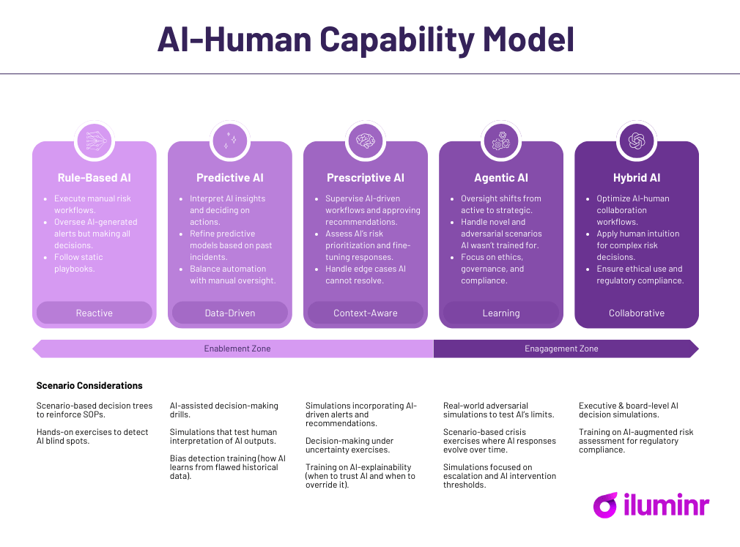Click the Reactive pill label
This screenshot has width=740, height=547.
95,313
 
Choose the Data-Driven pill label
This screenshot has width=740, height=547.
230,313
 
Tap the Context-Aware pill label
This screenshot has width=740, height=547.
366,313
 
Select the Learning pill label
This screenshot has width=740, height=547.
501,313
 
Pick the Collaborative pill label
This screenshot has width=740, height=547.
637,313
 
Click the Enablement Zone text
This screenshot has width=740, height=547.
237,349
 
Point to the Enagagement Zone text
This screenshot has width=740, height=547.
561,349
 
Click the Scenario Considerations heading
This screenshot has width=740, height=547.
89,385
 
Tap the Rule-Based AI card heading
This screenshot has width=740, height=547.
95,178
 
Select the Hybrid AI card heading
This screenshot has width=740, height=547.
637,178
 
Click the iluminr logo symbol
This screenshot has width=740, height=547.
605,505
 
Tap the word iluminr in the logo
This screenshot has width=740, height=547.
666,505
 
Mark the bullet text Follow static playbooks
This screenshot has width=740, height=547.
78,263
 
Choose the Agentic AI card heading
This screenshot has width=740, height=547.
501,178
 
